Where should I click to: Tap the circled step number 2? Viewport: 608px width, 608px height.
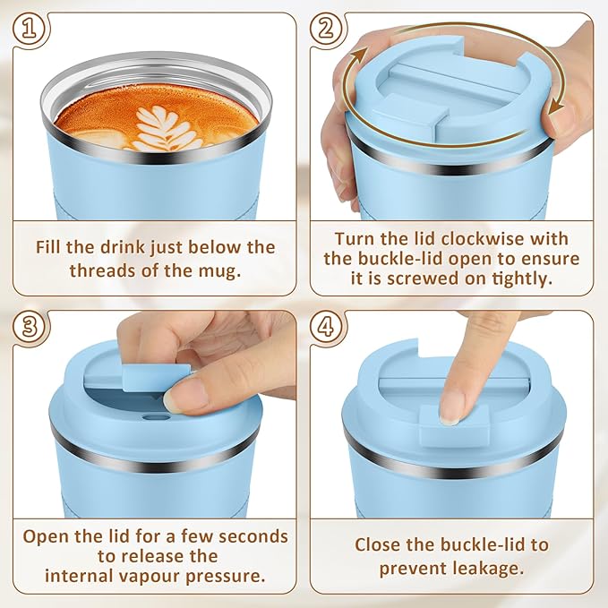(326, 30)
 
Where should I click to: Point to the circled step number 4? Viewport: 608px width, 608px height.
(326, 327)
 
